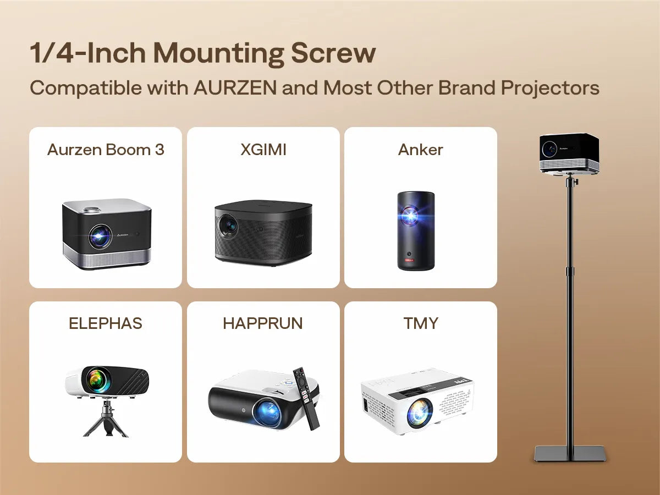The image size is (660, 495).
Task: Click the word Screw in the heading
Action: (333, 53)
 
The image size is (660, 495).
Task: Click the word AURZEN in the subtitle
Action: (235, 88)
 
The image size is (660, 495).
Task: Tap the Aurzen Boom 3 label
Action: (106, 150)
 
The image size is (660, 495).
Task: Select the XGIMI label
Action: (263, 150)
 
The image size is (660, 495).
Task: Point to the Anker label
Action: (420, 150)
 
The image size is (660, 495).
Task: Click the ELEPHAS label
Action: (106, 323)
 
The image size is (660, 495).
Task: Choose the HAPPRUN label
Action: (263, 323)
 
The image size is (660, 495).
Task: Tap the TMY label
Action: (421, 323)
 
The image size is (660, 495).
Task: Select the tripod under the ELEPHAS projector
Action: (106, 419)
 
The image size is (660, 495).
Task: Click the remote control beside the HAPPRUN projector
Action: (306, 399)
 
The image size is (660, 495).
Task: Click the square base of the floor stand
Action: (570, 454)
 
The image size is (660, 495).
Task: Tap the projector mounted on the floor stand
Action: (569, 154)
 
